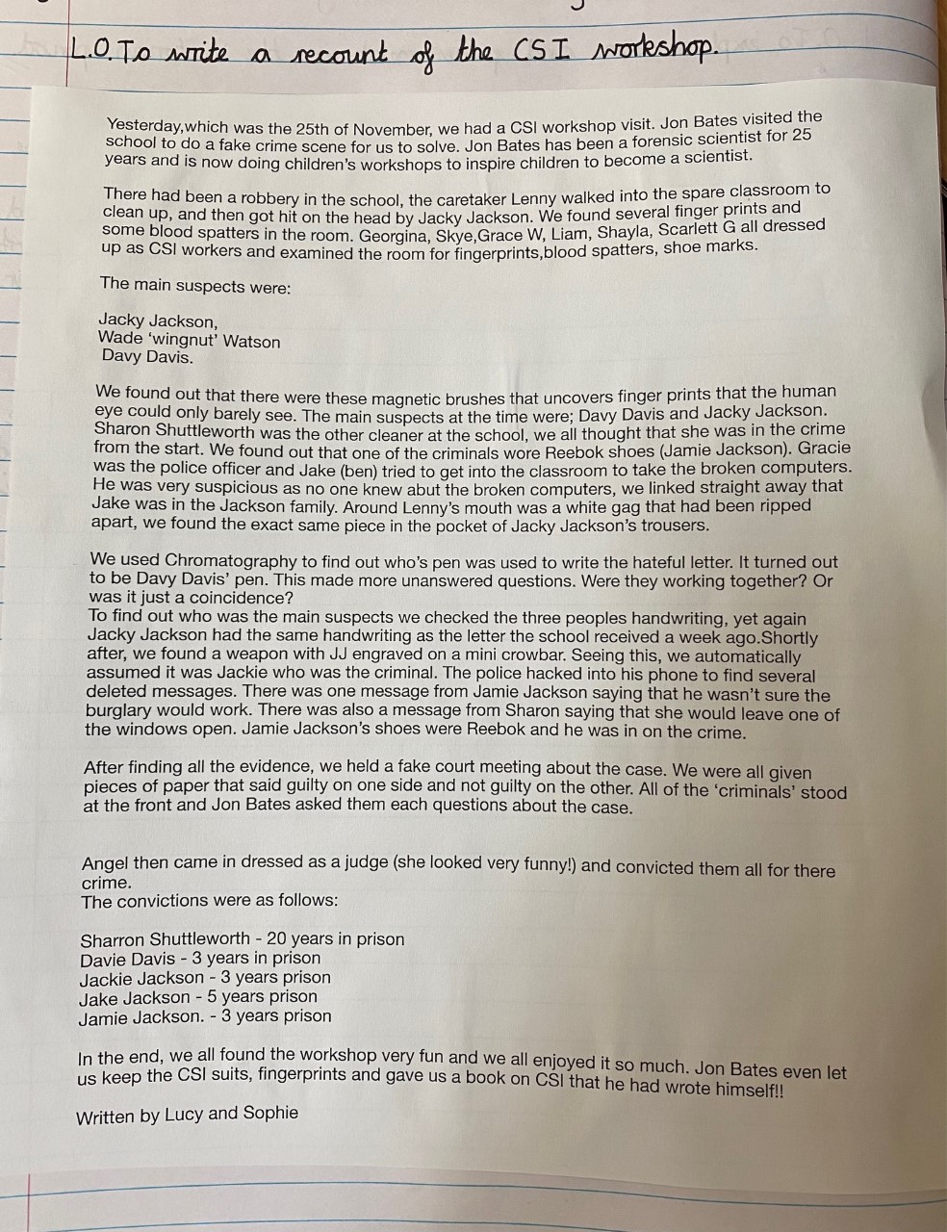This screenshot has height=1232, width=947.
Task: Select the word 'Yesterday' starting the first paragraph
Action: pyautogui.click(x=143, y=126)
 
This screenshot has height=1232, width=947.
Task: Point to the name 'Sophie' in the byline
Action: pyautogui.click(x=269, y=1113)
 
